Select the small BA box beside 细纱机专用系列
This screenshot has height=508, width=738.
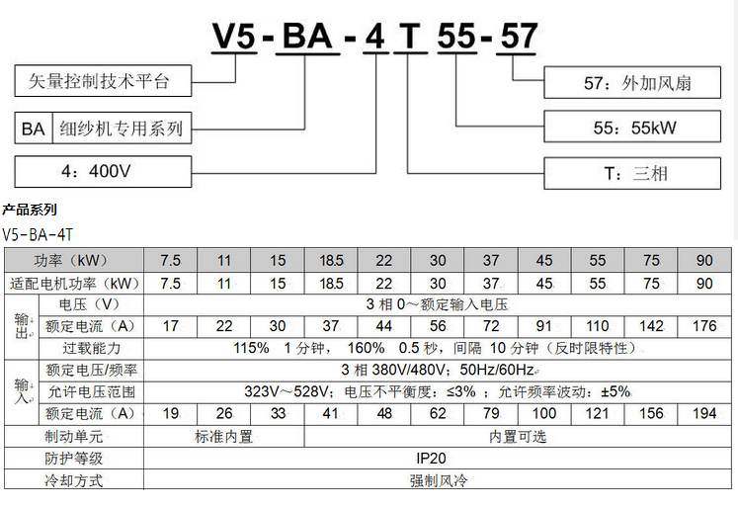tap(34, 127)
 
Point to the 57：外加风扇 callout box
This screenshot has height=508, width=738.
tap(637, 82)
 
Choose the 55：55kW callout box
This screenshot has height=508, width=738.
tap(637, 127)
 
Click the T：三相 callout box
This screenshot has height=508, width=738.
tap(637, 173)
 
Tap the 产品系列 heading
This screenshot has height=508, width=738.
tap(30, 210)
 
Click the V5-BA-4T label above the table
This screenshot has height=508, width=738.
tap(38, 234)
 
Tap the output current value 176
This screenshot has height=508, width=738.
tap(704, 326)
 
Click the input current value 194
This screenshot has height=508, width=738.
tap(704, 414)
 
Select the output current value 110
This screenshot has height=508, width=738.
tap(598, 326)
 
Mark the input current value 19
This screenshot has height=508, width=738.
tap(170, 414)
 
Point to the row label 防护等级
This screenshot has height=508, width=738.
tap(74, 459)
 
